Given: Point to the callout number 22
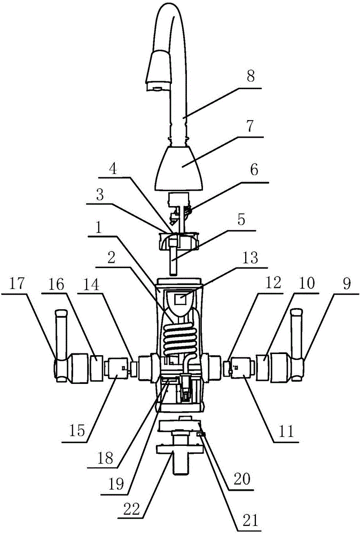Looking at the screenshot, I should coord(130,508).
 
